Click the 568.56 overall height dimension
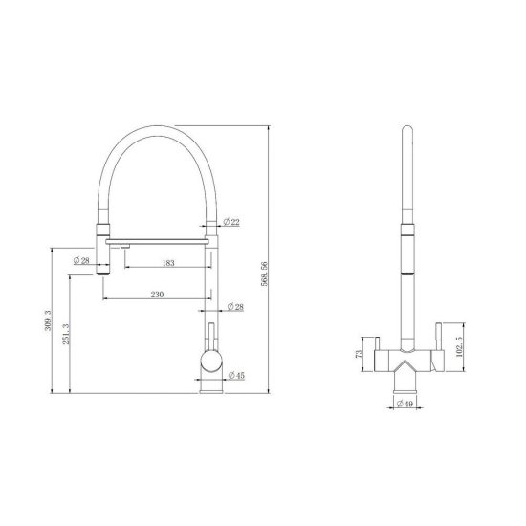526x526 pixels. click(265, 274)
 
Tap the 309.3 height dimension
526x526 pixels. click(48, 320)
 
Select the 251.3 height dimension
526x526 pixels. click(66, 334)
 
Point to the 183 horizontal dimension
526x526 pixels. click(168, 263)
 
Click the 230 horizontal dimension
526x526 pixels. click(157, 295)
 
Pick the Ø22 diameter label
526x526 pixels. click(231, 222)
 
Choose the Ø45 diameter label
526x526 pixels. click(236, 376)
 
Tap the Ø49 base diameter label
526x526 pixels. click(405, 404)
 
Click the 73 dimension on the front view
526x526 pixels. click(359, 354)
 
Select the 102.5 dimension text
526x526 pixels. click(460, 347)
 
